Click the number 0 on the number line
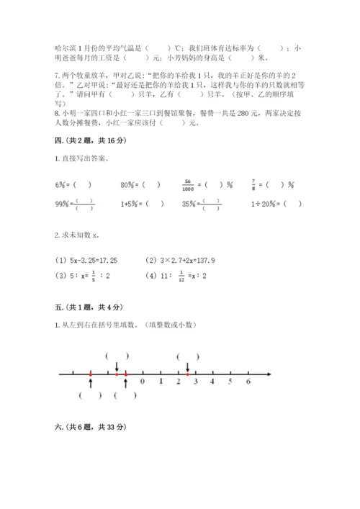pos(143,382)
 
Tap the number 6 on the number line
pos(248,382)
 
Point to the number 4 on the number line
pos(212,382)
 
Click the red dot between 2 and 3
pos(187,374)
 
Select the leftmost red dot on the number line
pos(90,374)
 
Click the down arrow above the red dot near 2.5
pos(187,367)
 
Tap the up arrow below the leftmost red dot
pos(90,383)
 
